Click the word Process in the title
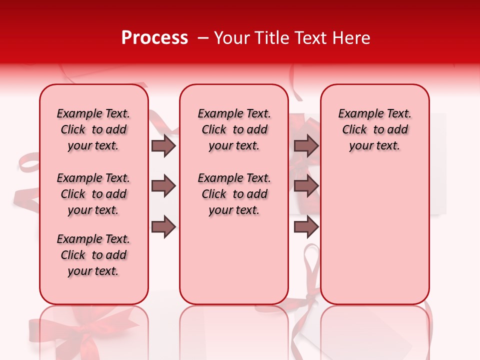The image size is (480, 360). pyautogui.click(x=154, y=38)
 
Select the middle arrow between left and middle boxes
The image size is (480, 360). pyautogui.click(x=163, y=186)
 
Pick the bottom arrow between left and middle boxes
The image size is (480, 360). pyautogui.click(x=163, y=227)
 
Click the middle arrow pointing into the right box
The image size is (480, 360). pyautogui.click(x=306, y=186)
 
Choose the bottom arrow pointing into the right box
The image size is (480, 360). pyautogui.click(x=306, y=227)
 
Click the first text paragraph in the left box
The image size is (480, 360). pyautogui.click(x=93, y=129)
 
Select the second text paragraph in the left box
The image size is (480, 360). pyautogui.click(x=93, y=194)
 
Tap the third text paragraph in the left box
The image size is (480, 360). pyautogui.click(x=93, y=255)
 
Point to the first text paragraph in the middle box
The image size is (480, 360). pyautogui.click(x=234, y=129)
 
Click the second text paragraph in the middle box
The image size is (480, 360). pyautogui.click(x=234, y=194)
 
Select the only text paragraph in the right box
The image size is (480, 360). pyautogui.click(x=375, y=129)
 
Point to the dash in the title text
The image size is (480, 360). pyautogui.click(x=202, y=38)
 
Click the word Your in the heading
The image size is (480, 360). pyautogui.click(x=232, y=38)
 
